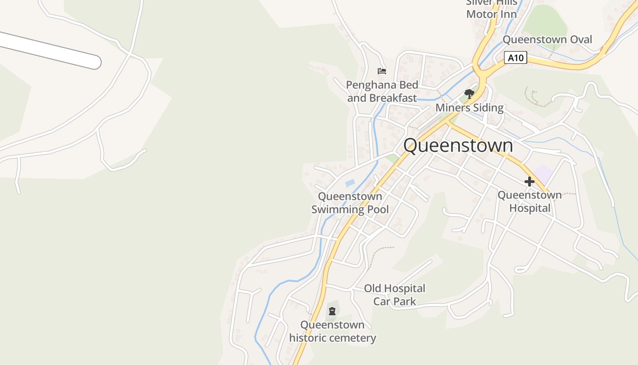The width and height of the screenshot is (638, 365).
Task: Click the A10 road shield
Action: (x=516, y=58)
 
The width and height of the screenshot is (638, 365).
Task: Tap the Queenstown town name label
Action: (x=458, y=146)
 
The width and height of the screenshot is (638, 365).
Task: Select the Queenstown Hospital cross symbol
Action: (x=529, y=182)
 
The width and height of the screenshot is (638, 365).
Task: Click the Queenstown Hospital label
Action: (x=530, y=202)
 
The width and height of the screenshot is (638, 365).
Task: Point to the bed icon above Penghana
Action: (x=382, y=71)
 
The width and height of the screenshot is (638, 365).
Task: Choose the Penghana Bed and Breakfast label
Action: (x=382, y=91)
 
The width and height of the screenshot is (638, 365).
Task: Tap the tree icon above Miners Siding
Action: (x=469, y=94)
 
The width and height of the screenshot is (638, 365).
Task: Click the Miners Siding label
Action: (x=469, y=108)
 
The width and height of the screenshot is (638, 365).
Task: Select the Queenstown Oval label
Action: (x=547, y=40)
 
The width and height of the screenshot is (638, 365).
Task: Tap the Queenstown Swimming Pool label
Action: (x=350, y=203)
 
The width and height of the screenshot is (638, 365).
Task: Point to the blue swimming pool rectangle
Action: (x=350, y=183)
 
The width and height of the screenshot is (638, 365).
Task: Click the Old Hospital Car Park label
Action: (x=395, y=295)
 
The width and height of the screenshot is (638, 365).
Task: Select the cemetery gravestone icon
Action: (x=332, y=311)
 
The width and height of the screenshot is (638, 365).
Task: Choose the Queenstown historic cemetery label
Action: (x=333, y=332)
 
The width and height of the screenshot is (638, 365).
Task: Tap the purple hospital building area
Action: (x=543, y=174)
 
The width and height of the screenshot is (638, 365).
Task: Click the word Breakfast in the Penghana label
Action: (x=393, y=98)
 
